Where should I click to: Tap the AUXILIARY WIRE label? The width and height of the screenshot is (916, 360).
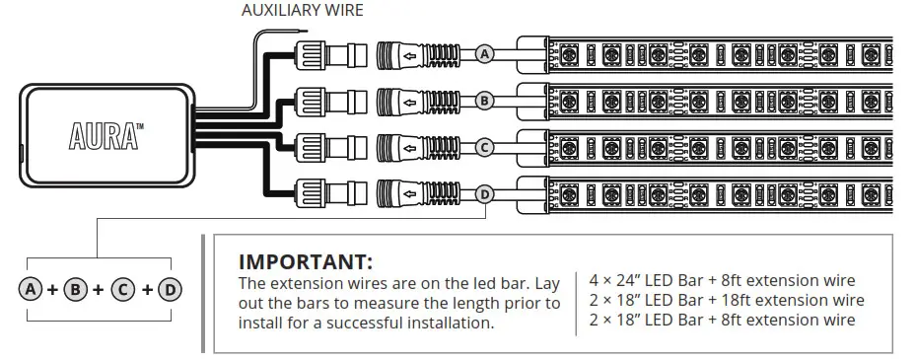coord(302,11)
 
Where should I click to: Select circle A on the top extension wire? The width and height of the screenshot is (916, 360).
coord(484,54)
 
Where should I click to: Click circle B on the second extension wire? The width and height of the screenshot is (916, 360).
coord(484,101)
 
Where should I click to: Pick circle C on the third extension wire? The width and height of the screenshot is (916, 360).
coord(484,147)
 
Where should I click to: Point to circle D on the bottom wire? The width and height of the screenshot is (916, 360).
coord(484,194)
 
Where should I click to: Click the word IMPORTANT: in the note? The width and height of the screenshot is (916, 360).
coord(306,262)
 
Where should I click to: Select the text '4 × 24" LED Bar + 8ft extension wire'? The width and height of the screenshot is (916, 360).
coord(721,281)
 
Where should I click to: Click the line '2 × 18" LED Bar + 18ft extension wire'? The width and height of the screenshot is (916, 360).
coord(726,300)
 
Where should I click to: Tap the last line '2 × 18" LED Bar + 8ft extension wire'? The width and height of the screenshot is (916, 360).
coord(721,320)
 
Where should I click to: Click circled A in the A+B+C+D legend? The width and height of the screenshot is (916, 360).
coord(31,290)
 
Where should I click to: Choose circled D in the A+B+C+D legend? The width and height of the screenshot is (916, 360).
coord(171,290)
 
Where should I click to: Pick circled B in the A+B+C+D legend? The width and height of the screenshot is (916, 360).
coord(77,290)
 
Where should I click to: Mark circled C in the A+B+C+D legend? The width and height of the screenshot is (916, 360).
coord(124,290)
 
